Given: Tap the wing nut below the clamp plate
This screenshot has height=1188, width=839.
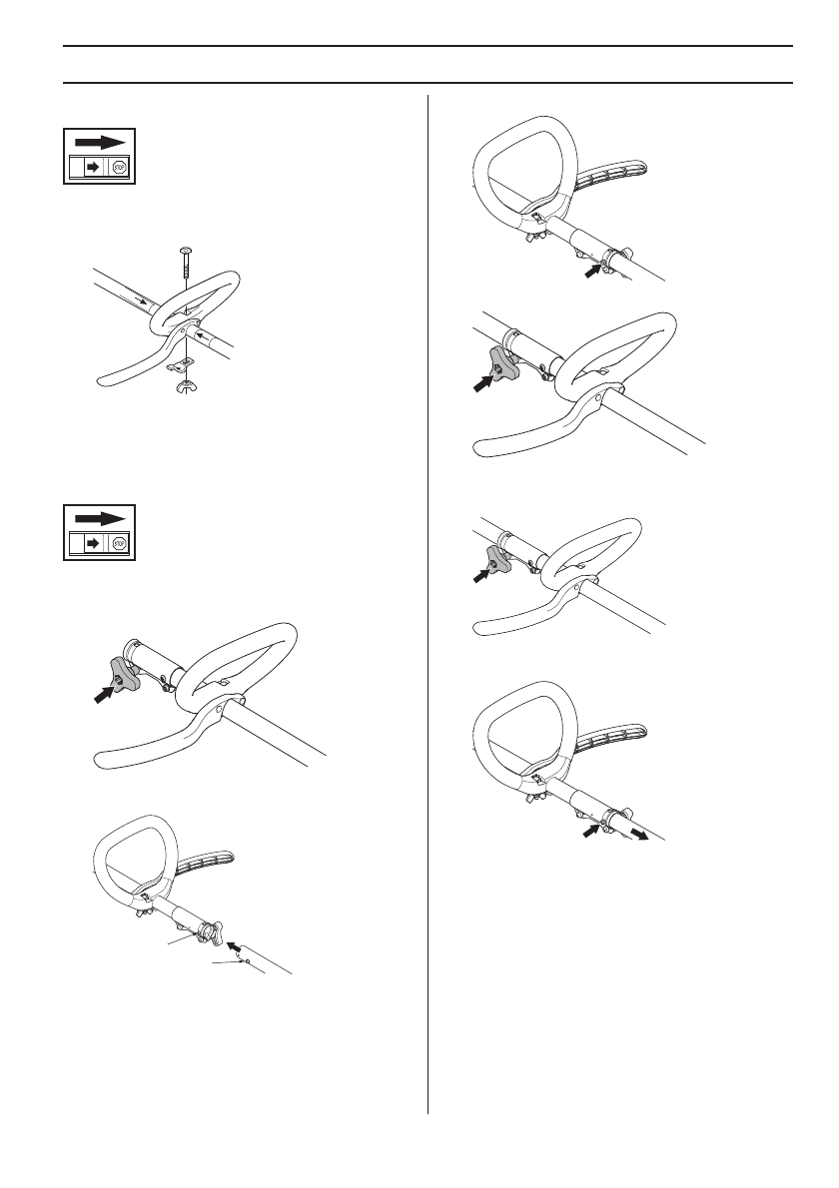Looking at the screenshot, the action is [187, 382].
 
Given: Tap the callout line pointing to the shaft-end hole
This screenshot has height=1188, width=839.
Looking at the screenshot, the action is [229, 962].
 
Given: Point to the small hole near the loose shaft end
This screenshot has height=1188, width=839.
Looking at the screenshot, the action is [246, 960].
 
